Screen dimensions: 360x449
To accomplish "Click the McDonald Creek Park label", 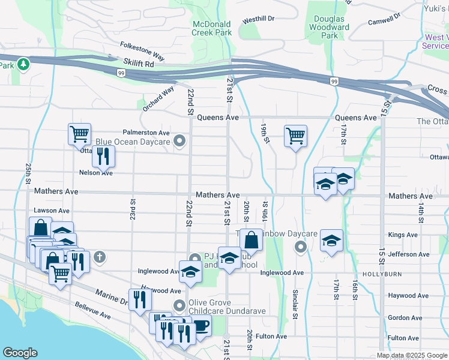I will pyautogui.click(x=212, y=28).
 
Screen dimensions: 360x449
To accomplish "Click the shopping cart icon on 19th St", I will pyautogui.click(x=295, y=136).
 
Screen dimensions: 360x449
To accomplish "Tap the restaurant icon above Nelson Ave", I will pyautogui.click(x=103, y=156).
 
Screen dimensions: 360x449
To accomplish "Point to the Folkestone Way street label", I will pyautogui.click(x=142, y=50).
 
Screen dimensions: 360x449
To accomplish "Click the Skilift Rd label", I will pyautogui.click(x=139, y=62).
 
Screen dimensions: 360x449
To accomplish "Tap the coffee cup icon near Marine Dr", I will pyautogui.click(x=200, y=325).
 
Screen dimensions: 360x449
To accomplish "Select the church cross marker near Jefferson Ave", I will pyautogui.click(x=100, y=257).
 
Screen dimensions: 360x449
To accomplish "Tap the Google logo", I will pyautogui.click(x=20, y=353).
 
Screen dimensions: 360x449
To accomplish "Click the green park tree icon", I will pyautogui.click(x=23, y=63).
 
